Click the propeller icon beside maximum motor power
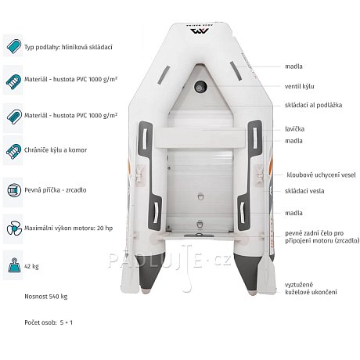pyautogui.click(x=14, y=229)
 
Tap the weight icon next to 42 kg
pyautogui.click(x=14, y=265)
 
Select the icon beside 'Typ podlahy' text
pyautogui.click(x=13, y=47)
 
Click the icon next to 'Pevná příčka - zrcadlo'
pyautogui.click(x=14, y=190)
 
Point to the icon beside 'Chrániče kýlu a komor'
pyautogui.click(x=13, y=151)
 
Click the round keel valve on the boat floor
pyautogui.click(x=200, y=87)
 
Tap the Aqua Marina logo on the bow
pyautogui.click(x=200, y=31)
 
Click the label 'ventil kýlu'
pyautogui.click(x=300, y=86)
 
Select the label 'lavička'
pyautogui.click(x=294, y=129)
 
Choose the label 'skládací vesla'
pyautogui.click(x=304, y=191)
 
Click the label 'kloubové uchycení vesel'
pyautogui.click(x=321, y=175)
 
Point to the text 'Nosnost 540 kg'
pyautogui.click(x=46, y=297)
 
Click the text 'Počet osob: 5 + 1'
pyautogui.click(x=49, y=322)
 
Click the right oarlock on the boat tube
pyautogui.click(x=260, y=175)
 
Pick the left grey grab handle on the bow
pyautogui.click(x=164, y=75)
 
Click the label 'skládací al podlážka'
pyautogui.click(x=313, y=105)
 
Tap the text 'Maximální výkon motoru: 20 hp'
pyautogui.click(x=69, y=229)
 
